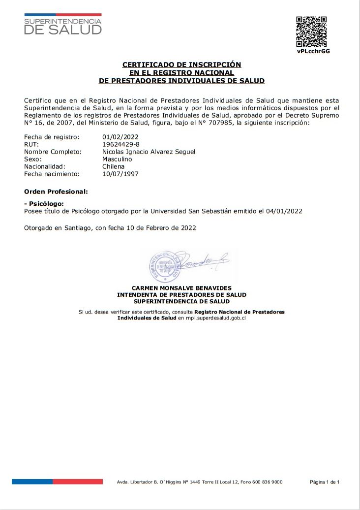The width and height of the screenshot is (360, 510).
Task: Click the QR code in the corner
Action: pyautogui.click(x=311, y=32)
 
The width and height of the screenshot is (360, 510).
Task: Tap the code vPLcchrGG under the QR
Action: pyautogui.click(x=313, y=51)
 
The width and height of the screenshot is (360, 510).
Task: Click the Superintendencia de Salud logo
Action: pyautogui.click(x=62, y=25)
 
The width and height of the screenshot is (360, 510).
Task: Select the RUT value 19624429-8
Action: pyautogui.click(x=121, y=144)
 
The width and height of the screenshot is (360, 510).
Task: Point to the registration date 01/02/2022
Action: pyautogui.click(x=120, y=137)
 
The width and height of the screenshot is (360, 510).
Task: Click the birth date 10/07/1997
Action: pyautogui.click(x=120, y=174)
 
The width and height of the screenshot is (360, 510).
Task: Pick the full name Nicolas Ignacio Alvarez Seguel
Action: pyautogui.click(x=149, y=152)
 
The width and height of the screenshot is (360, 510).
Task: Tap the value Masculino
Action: pyautogui.click(x=117, y=159)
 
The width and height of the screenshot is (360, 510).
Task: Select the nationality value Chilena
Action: pyautogui.click(x=114, y=166)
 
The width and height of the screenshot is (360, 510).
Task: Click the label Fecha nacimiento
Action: pyautogui.click(x=52, y=174)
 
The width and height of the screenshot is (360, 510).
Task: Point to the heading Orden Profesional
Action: pyautogui.click(x=56, y=191)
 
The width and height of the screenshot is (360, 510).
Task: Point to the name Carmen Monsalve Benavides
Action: pyautogui.click(x=181, y=288)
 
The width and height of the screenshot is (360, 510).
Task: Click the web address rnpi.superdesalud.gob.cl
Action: pyautogui.click(x=215, y=319)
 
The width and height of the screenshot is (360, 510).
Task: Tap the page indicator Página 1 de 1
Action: pyautogui.click(x=325, y=482)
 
